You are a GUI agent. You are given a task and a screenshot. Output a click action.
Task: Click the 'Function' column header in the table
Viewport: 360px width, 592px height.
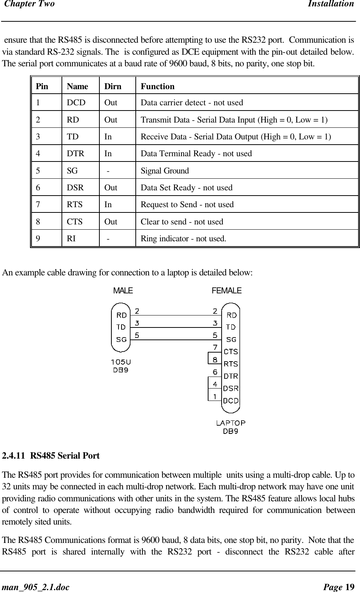(157, 87)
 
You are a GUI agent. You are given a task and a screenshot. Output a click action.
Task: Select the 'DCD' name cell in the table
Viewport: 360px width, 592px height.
(76, 103)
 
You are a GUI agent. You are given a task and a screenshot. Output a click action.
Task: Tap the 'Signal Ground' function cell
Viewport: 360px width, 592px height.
(165, 171)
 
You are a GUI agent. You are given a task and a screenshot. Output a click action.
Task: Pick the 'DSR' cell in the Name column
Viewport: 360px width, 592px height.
(75, 188)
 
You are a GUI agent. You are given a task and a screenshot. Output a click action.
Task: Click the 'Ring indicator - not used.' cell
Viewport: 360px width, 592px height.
(183, 239)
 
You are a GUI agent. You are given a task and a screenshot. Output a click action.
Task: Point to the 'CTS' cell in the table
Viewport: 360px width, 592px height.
(75, 222)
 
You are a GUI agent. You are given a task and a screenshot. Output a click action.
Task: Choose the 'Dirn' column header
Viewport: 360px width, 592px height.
(113, 87)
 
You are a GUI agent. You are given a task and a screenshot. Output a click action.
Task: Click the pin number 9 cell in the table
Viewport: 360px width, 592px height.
(38, 239)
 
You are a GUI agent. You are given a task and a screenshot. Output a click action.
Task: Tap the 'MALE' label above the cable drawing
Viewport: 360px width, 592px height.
(123, 291)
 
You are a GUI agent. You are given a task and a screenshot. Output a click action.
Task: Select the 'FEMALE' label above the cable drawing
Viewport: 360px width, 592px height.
(226, 291)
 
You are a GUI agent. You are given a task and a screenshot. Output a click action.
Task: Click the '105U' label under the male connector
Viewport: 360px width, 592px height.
(121, 362)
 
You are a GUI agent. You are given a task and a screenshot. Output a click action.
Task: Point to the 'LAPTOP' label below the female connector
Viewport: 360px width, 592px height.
(231, 423)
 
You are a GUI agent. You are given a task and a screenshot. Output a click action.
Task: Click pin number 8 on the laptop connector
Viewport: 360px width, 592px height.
(215, 360)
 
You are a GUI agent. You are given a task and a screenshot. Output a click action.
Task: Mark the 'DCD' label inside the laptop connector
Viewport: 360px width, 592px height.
(231, 401)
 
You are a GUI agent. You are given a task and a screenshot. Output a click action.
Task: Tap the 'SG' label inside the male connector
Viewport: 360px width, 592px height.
(121, 339)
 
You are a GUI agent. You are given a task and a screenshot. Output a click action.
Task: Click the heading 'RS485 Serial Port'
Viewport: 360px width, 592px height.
(65, 456)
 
